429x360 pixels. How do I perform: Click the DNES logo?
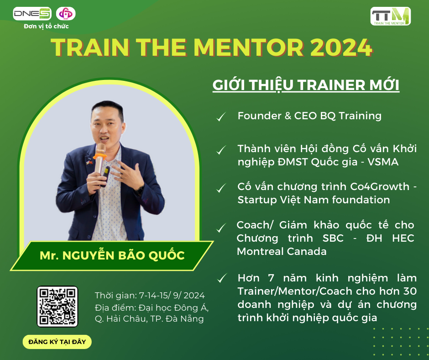pos(32,14)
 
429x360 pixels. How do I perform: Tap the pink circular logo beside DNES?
pos(66,14)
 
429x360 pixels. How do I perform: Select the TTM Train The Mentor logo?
pos(390,16)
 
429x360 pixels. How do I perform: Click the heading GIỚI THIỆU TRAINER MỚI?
pos(306,85)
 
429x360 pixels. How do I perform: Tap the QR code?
pos(58,307)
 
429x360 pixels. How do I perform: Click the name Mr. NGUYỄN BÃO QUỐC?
pos(112,256)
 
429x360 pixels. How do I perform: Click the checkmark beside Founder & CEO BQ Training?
pos(221,116)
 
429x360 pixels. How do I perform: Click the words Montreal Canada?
pos(282,251)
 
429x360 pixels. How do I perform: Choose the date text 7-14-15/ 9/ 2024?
pos(172,295)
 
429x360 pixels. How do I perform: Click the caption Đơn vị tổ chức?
pos(46,26)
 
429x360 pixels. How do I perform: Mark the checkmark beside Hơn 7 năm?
pos(222,278)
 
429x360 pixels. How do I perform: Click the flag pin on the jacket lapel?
pos(89,162)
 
